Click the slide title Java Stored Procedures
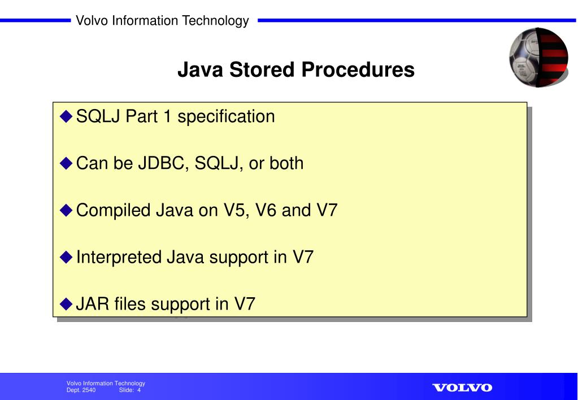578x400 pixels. pyautogui.click(x=295, y=70)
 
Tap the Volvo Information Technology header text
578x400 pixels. pyautogui.click(x=162, y=21)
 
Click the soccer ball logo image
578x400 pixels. pyautogui.click(x=538, y=57)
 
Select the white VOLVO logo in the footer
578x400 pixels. pyautogui.click(x=462, y=388)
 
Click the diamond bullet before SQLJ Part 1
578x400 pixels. pyautogui.click(x=67, y=117)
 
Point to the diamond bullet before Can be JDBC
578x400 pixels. pyautogui.click(x=67, y=164)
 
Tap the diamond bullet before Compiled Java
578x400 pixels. pyautogui.click(x=67, y=211)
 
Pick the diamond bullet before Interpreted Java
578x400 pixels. pyautogui.click(x=67, y=258)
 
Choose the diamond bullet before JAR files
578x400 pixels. pyautogui.click(x=67, y=305)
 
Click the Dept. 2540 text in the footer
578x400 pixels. pyautogui.click(x=81, y=390)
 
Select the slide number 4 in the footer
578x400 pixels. pyautogui.click(x=138, y=390)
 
